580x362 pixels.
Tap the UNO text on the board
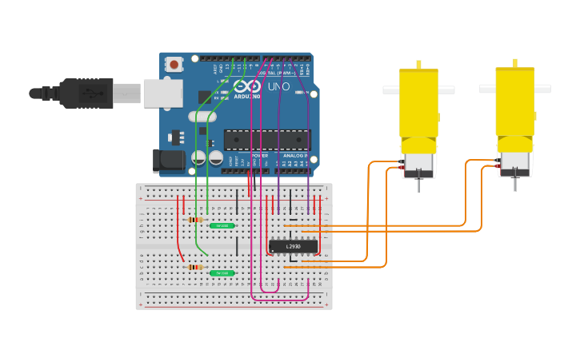tap(278, 86)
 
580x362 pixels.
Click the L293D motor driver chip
tap(293, 246)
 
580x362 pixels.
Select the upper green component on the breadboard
tap(222, 225)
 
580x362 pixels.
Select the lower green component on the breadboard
tap(222, 273)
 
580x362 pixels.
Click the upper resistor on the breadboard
tap(194, 220)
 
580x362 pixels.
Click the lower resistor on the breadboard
tap(194, 267)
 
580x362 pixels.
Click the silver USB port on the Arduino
tap(163, 93)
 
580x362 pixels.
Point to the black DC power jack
tap(169, 161)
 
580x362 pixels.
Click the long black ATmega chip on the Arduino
tap(266, 140)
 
